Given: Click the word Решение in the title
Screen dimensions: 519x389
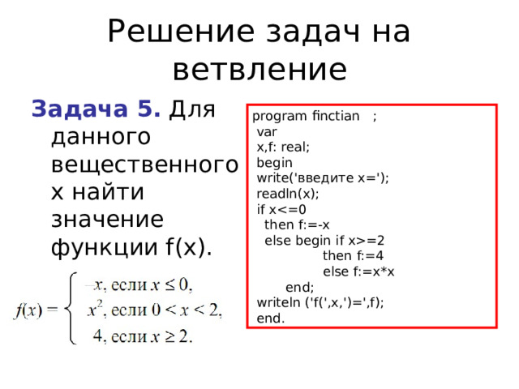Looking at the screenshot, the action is point(181,32).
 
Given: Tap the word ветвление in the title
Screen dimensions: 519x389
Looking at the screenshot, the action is point(259,71).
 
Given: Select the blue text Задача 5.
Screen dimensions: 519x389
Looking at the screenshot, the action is point(96,109).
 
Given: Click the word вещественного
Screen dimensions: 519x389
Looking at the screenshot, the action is point(144,165).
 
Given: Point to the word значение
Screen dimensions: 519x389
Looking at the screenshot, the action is point(108,220).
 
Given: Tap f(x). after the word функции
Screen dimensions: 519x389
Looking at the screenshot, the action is point(188,246).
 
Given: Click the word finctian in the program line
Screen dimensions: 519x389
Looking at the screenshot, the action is point(336,116).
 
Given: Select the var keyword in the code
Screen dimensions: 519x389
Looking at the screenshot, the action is point(267,132).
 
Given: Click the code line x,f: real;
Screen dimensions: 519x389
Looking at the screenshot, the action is point(283,147).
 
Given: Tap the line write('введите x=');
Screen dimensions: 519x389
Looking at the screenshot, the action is point(323,178).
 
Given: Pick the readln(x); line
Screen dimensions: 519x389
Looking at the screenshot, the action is point(288,194).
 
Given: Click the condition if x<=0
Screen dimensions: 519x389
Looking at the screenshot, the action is point(281,209).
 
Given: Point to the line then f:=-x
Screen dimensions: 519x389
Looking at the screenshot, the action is point(297,225).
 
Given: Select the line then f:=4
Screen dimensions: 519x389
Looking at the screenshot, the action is point(354,256).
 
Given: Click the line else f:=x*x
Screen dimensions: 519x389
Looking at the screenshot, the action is point(358,271).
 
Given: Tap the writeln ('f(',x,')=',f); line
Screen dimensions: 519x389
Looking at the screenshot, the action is point(320,302).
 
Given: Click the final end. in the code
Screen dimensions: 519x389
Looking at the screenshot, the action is point(271,318).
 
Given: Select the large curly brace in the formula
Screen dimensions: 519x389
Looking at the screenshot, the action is point(71,308).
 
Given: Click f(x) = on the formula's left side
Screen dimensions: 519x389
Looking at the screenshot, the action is point(36,310).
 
